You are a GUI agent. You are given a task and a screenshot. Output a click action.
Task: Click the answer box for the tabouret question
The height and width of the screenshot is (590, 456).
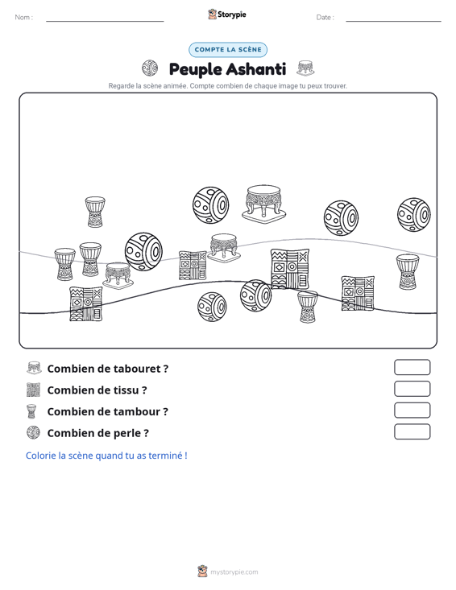point(412,367)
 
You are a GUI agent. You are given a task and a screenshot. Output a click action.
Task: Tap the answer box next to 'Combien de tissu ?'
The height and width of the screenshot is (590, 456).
point(412,389)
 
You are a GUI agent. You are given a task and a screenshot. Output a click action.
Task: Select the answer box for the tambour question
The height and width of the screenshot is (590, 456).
point(412,411)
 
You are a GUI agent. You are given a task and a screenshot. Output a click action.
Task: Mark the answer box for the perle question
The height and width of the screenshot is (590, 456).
point(412,431)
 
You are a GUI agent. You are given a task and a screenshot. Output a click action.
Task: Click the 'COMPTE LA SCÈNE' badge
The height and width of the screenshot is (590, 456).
point(228,50)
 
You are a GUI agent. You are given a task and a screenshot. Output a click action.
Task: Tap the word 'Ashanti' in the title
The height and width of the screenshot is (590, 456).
point(256,69)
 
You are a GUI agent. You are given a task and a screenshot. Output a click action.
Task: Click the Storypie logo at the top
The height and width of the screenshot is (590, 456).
point(227,14)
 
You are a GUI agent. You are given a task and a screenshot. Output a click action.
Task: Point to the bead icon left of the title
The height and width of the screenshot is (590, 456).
point(150,68)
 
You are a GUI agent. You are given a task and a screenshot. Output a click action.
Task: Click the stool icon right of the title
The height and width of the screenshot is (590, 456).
point(305,68)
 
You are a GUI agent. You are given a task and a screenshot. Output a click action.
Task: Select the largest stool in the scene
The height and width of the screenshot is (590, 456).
point(263,203)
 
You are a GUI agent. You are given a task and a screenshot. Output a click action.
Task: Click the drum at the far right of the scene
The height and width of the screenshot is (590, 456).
point(408,272)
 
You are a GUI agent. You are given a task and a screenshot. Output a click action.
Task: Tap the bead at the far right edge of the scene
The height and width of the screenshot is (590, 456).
point(414,214)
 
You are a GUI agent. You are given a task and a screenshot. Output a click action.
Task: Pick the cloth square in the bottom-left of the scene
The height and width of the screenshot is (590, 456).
point(86,304)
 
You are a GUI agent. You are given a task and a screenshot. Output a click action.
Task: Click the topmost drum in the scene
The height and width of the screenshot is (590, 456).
point(95,212)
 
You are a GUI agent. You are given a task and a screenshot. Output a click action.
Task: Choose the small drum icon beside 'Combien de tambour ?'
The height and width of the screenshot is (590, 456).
point(31,411)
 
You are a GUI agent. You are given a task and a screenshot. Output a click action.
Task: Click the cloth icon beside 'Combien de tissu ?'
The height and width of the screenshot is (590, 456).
point(33,390)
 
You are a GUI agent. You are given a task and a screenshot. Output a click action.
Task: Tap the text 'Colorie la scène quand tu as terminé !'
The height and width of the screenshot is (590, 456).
point(106,456)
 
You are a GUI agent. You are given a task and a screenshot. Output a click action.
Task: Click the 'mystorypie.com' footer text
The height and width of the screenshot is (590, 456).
point(234,572)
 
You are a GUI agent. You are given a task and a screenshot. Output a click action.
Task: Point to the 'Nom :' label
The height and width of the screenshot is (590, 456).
point(23,18)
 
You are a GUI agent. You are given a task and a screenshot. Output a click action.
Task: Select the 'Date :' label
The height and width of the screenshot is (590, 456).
point(325,18)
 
